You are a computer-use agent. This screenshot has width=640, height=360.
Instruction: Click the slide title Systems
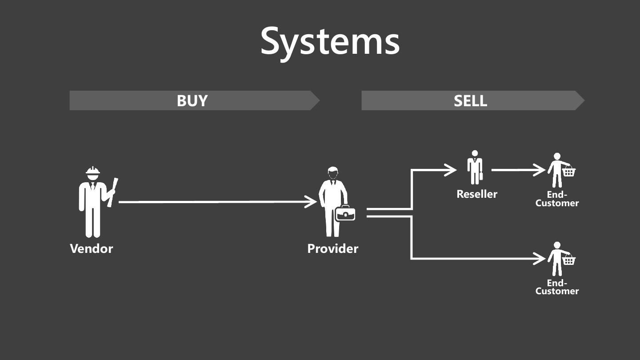[330, 41]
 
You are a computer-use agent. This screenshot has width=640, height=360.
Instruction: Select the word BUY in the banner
[192, 101]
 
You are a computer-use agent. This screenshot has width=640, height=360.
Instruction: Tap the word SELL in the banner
[470, 101]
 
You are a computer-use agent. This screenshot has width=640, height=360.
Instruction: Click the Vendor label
[92, 248]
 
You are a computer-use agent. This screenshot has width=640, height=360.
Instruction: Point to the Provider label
[332, 248]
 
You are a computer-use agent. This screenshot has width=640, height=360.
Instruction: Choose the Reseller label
[477, 194]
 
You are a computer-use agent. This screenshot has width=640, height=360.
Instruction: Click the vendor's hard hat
[93, 172]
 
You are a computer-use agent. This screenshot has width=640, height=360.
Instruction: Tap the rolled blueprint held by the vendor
[112, 192]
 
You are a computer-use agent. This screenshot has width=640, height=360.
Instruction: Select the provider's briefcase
[345, 213]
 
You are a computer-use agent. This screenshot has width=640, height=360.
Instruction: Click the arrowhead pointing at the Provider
[312, 202]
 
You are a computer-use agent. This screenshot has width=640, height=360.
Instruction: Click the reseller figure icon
[475, 167]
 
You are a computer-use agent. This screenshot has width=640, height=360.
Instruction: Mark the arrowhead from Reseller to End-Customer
[540, 170]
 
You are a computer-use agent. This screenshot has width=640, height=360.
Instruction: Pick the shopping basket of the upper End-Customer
[568, 171]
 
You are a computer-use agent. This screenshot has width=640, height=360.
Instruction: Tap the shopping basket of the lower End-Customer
[568, 260]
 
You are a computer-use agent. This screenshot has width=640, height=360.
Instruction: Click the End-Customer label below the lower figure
[557, 287]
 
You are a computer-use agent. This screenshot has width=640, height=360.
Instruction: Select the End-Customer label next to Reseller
[557, 199]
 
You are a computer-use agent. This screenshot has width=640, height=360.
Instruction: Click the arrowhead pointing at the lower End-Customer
[540, 258]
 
